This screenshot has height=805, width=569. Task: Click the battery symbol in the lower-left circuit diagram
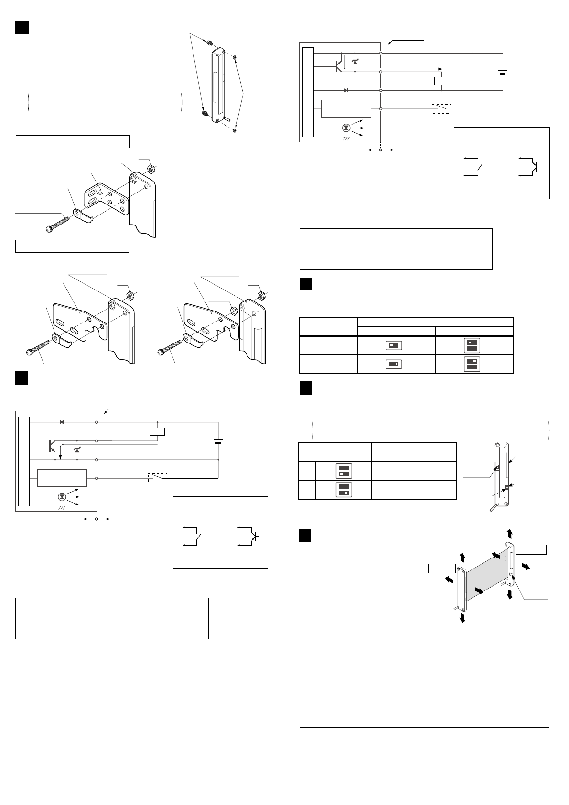[218, 440]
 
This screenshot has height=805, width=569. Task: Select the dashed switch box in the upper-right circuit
[441, 109]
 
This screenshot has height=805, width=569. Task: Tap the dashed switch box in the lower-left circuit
[158, 478]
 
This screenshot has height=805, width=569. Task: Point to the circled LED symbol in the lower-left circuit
[62, 497]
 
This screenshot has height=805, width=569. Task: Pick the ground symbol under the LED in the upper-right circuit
[346, 138]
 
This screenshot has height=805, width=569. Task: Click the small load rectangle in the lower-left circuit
[157, 431]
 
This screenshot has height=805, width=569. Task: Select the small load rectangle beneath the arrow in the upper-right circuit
[441, 81]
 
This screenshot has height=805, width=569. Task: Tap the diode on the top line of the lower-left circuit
[62, 422]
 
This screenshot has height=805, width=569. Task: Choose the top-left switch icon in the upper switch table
[396, 345]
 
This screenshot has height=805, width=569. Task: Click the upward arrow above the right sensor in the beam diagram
[510, 533]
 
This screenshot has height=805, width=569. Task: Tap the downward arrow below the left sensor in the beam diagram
[462, 618]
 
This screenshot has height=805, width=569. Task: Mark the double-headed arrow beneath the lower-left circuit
[97, 519]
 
